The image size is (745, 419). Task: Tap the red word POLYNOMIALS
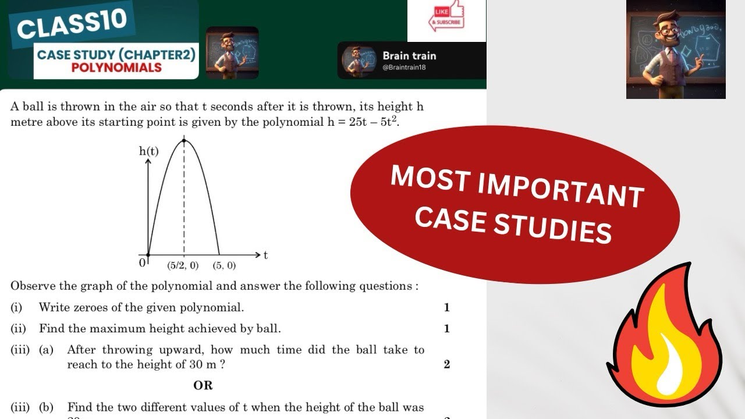pyautogui.click(x=116, y=68)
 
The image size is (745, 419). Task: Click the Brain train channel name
pyautogui.click(x=409, y=56)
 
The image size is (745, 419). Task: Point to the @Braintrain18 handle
pyautogui.click(x=404, y=68)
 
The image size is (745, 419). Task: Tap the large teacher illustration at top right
pyautogui.click(x=676, y=49)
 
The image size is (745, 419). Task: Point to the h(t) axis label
pyautogui.click(x=149, y=151)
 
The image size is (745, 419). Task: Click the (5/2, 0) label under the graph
pyautogui.click(x=183, y=266)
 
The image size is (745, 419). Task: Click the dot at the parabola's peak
pyautogui.click(x=185, y=140)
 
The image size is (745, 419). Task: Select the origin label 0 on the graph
pyautogui.click(x=141, y=263)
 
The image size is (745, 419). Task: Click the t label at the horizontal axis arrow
pyautogui.click(x=266, y=255)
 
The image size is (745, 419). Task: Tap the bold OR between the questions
pyautogui.click(x=203, y=385)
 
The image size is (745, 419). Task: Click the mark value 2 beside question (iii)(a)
pyautogui.click(x=446, y=365)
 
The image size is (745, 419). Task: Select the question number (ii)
pyautogui.click(x=18, y=329)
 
